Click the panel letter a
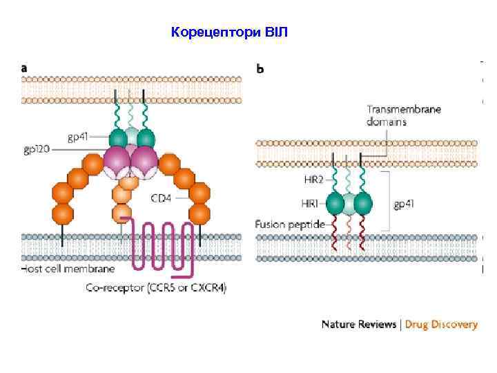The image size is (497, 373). point(25,68)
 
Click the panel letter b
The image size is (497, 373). point(260,69)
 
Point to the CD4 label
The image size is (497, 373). point(162,198)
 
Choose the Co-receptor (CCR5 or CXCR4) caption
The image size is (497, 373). point(156,286)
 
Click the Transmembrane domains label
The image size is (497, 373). point(404,115)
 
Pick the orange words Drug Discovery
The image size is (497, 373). point(441,324)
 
